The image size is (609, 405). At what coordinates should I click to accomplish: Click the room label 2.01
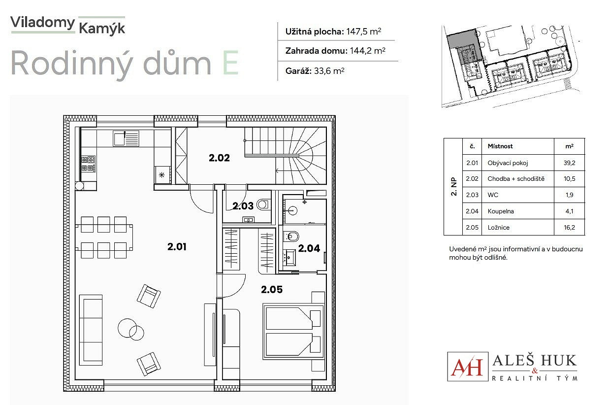177,247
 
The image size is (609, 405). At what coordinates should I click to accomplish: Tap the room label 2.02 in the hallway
219,158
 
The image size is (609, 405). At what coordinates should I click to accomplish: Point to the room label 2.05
272,289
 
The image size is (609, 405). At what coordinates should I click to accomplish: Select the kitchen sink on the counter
126,138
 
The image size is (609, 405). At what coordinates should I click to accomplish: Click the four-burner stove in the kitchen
88,164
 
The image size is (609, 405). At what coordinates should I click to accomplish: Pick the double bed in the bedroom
294,331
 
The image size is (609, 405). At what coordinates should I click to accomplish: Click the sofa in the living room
91,330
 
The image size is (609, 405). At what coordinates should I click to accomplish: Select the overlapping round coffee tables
131,330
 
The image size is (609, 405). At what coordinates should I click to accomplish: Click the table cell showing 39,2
569,163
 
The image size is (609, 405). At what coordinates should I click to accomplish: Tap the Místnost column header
500,146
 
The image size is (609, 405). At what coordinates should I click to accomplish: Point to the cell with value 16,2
569,228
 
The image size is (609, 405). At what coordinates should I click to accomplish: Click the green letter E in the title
230,63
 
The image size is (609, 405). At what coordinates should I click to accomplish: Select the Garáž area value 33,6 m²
329,71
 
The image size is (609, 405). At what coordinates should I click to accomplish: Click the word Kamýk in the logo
102,29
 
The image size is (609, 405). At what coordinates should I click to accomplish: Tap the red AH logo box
468,367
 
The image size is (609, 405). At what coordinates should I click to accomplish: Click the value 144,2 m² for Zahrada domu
367,51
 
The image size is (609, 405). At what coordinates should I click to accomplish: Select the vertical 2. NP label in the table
453,187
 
